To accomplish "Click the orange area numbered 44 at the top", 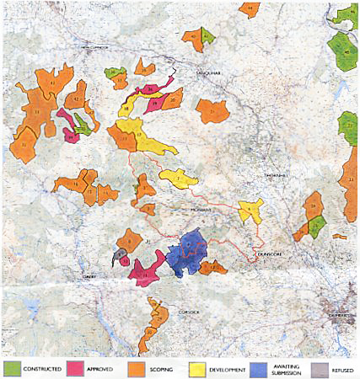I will pos(250,9).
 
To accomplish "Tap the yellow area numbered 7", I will pos(178,179).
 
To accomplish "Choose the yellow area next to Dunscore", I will pos(250,211).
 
